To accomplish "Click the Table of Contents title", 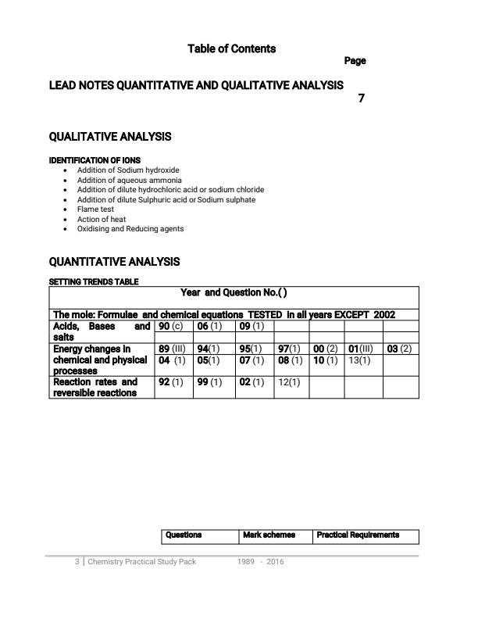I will [x=231, y=48].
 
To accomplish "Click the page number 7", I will [x=360, y=98].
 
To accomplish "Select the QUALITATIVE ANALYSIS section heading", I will [x=110, y=137].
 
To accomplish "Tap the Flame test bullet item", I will [x=95, y=209].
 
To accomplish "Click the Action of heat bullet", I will [x=101, y=220].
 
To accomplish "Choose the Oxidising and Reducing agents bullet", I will [x=130, y=229].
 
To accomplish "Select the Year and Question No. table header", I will [x=234, y=292].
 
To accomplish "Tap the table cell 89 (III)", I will [x=171, y=349].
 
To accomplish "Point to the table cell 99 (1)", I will [x=209, y=382].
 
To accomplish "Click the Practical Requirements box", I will [x=358, y=535].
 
